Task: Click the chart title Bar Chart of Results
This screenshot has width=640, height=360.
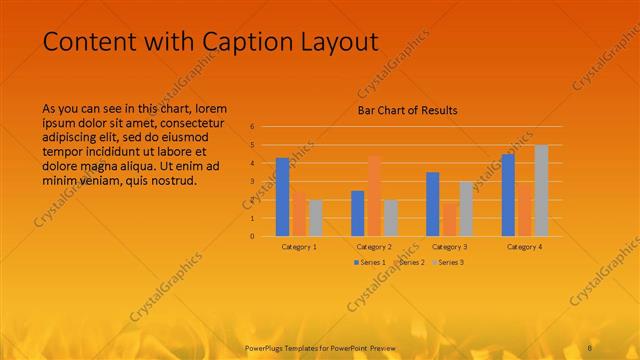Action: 407,110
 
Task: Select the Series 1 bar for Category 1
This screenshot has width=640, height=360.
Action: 283,197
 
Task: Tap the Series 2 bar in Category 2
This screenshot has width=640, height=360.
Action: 374,196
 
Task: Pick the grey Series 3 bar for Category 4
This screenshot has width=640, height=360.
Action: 541,191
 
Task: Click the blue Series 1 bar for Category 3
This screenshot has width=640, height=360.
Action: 433,204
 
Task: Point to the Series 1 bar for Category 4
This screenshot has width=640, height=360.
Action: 508,195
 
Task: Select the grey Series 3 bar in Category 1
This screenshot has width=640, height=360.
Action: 315,218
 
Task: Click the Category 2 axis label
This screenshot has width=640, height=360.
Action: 374,246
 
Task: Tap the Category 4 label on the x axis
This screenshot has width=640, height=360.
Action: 524,246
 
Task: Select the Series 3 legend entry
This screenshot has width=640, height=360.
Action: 448,262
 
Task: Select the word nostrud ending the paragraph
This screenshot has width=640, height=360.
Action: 173,181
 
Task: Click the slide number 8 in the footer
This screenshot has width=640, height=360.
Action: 590,346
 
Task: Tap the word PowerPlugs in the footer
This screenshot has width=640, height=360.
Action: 268,346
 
